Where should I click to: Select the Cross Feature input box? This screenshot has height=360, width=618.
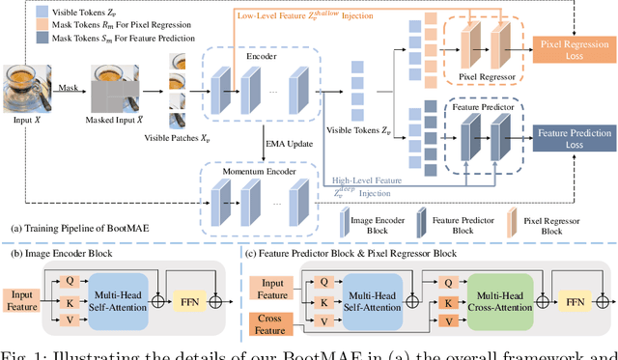(x=276, y=322)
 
